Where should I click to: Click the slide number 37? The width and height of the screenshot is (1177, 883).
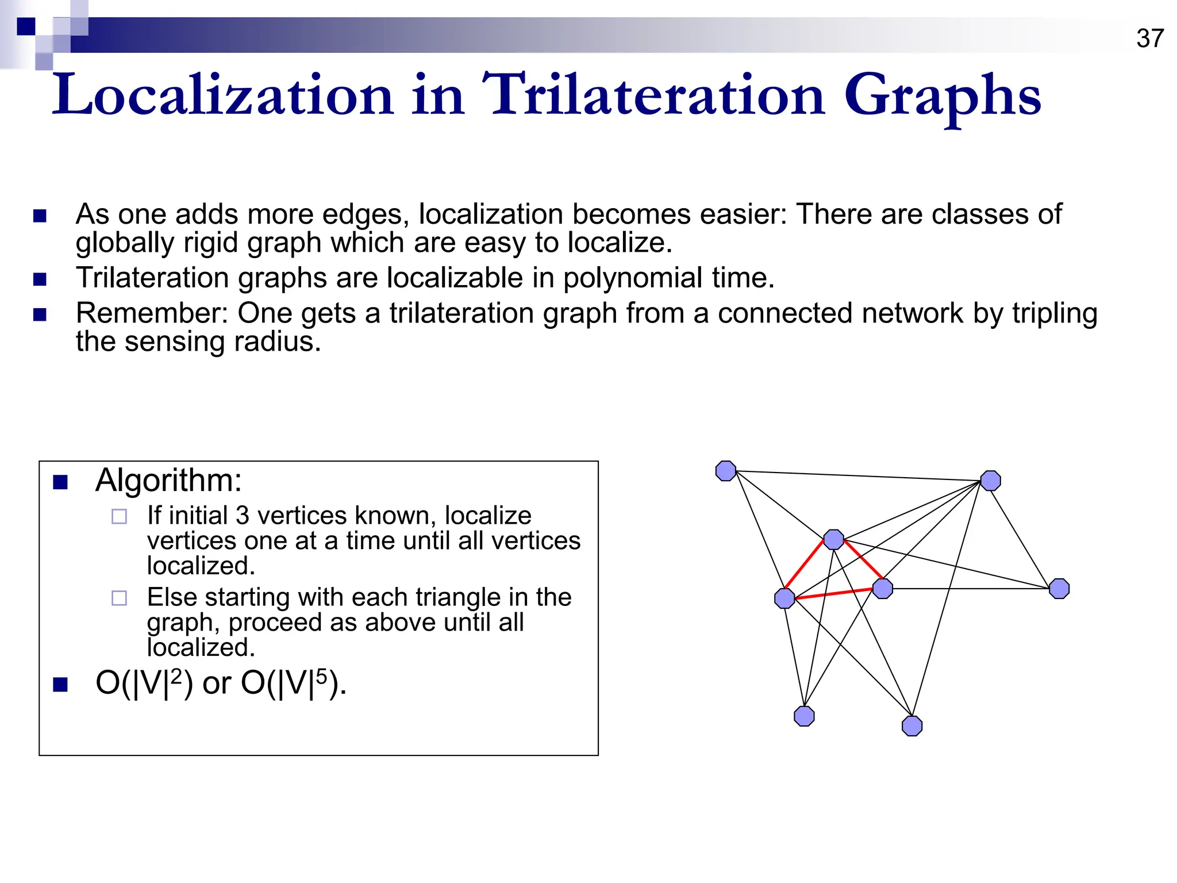point(1149,39)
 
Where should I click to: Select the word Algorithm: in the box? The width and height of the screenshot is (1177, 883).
point(168,480)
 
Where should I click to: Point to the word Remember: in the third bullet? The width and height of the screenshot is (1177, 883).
point(152,314)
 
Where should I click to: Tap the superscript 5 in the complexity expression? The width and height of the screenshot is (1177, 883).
point(321,676)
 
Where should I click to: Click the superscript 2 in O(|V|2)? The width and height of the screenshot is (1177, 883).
point(176,676)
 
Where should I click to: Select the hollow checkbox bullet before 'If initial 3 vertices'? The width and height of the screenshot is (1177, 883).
point(119,517)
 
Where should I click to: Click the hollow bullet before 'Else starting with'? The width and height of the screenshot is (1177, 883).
point(119,598)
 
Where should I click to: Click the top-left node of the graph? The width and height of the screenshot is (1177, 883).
point(726,471)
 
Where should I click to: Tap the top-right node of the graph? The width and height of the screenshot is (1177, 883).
point(990,481)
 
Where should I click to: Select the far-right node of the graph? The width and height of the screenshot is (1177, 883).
point(1059,589)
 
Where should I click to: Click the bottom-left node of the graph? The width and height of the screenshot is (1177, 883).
point(804,716)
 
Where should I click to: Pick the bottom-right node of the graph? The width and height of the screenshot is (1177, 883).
point(912,726)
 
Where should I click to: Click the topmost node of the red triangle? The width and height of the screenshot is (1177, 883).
point(833,539)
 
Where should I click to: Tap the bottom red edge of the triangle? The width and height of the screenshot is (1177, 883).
point(833,594)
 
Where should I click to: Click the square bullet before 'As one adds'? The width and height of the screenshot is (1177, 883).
point(40,216)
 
